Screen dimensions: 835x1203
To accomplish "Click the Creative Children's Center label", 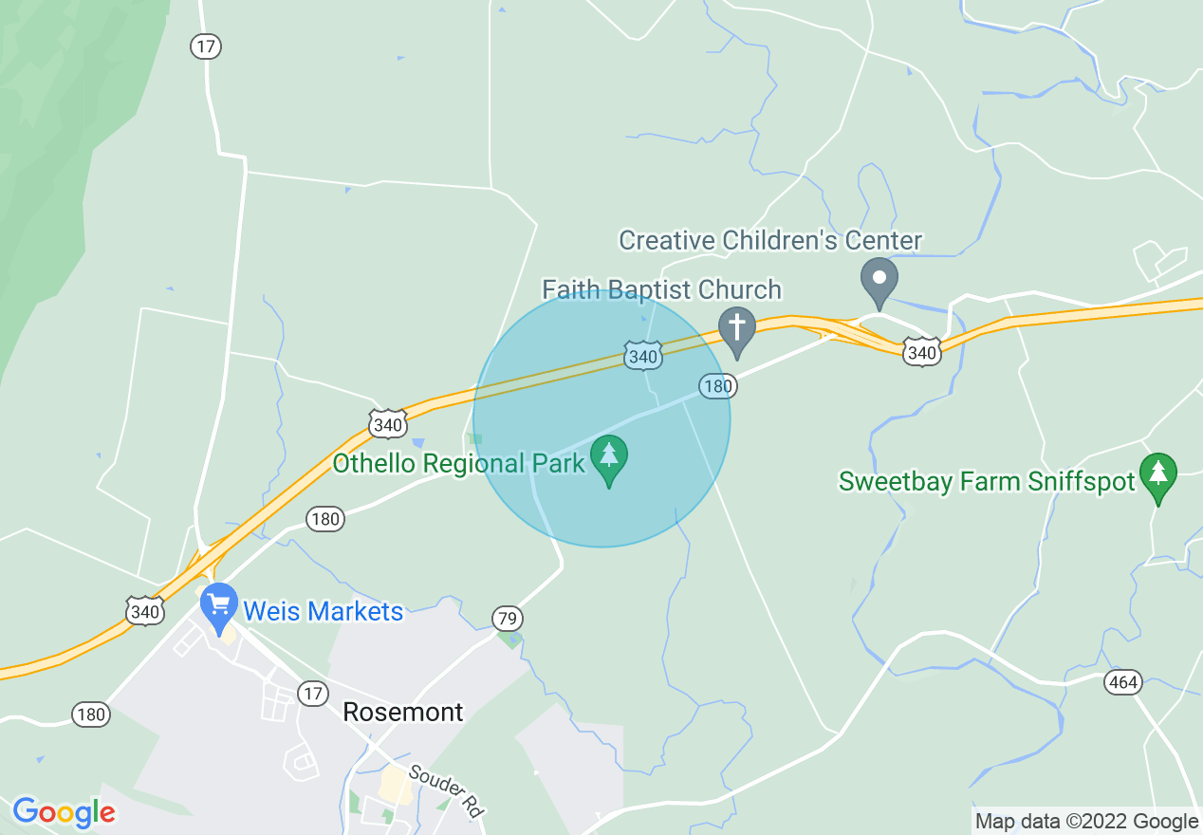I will tap(770, 240).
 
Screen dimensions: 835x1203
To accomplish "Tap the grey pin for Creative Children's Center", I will tap(879, 279).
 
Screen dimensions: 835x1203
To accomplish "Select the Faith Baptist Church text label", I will tap(661, 289).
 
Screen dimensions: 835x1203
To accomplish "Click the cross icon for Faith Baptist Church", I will tap(736, 328).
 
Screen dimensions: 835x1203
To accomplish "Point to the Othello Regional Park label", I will tap(459, 464).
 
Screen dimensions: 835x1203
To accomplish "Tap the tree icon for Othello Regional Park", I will tap(609, 456).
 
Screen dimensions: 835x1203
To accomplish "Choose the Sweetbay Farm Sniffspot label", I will tap(987, 482).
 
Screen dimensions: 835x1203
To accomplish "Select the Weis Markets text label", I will tap(324, 611).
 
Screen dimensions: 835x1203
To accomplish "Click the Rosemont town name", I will tap(403, 712).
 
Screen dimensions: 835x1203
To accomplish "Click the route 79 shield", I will tap(508, 620).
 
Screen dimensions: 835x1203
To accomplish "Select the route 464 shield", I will tap(1123, 682).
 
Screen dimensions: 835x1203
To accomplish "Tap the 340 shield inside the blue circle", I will tap(642, 357).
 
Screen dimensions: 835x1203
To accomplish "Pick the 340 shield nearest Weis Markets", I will tap(145, 612).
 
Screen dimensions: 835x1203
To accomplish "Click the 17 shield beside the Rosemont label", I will tap(312, 694).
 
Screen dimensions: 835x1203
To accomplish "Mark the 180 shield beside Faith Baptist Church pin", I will tap(718, 385).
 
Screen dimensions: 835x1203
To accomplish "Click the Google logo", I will tap(64, 812).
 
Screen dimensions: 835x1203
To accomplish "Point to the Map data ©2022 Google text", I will tap(1086, 821).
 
